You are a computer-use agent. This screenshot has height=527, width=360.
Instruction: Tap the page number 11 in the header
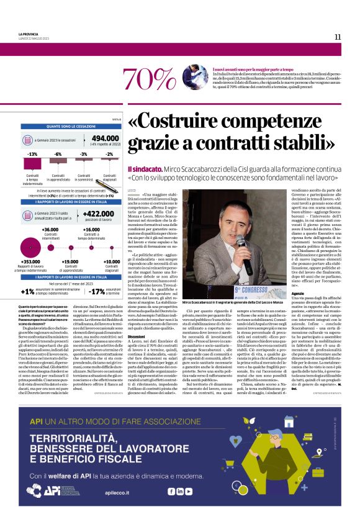point(338,37)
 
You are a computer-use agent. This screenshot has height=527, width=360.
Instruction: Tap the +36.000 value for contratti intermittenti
point(50,229)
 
